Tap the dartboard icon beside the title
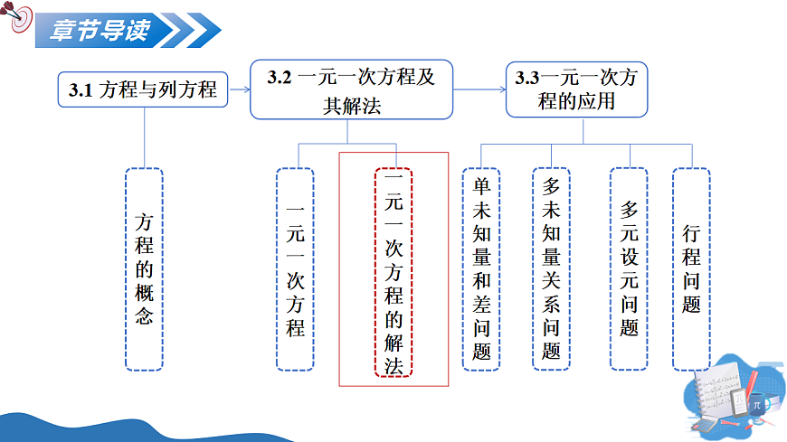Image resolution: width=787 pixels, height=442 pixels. (x=19, y=21)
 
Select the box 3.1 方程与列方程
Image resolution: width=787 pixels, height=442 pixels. (x=142, y=89)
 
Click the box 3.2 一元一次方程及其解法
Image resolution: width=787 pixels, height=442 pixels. (x=351, y=90)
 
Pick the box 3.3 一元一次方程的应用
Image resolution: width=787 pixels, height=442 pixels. (x=576, y=89)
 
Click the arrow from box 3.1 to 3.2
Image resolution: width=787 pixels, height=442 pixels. (x=238, y=89)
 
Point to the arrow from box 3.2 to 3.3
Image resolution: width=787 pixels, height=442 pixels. (x=479, y=89)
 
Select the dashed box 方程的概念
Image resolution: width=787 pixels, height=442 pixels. (x=144, y=268)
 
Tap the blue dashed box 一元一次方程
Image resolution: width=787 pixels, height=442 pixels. (x=295, y=268)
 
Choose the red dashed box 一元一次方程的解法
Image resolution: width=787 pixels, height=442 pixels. (x=393, y=271)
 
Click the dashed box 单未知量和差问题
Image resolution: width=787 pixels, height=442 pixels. (x=481, y=268)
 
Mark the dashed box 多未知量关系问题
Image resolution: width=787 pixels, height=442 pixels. (x=551, y=268)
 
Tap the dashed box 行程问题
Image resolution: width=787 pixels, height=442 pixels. (x=691, y=268)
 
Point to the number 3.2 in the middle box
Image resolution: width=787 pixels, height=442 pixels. (x=280, y=78)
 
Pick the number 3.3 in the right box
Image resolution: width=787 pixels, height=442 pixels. (x=527, y=78)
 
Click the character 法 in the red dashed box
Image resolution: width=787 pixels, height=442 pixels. (x=393, y=365)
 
